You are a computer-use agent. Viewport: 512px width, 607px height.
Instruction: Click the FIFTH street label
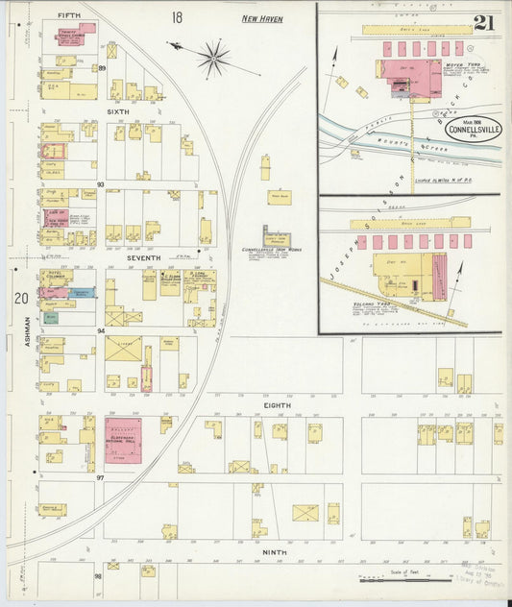tap(68, 15)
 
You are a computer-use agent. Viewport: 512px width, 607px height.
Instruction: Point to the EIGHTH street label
tap(278, 406)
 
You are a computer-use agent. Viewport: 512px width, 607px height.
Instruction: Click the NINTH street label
tap(275, 552)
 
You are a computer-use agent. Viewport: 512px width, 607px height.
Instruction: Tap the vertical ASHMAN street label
tap(22, 345)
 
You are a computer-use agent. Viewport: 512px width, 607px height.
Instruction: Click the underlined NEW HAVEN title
tap(261, 18)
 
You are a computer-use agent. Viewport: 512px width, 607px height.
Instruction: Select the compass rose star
tap(213, 59)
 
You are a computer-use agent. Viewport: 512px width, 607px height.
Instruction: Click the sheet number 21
tap(484, 23)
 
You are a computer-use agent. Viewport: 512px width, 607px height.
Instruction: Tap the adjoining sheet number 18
tap(177, 17)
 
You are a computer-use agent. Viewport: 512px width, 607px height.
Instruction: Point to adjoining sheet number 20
tap(20, 298)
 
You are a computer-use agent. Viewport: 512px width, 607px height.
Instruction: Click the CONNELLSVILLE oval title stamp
tap(472, 129)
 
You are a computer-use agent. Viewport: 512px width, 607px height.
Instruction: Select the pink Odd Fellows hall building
tap(123, 440)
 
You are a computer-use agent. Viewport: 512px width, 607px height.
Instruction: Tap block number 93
tap(100, 184)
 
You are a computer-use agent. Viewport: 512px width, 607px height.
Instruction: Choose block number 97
tap(100, 476)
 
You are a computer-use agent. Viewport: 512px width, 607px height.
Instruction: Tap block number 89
tap(101, 68)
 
